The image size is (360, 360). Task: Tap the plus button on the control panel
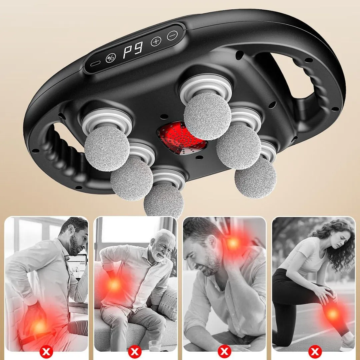click(x=156, y=42)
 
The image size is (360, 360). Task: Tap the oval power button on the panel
click(x=95, y=64)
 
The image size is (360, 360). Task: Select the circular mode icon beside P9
click(x=111, y=58)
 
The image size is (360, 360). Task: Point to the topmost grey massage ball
click(x=207, y=116)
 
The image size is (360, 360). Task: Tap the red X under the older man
click(x=135, y=351)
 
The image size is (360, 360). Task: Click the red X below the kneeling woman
click(x=315, y=351)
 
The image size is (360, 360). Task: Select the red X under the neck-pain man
click(x=224, y=351)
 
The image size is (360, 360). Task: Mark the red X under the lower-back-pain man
click(x=46, y=351)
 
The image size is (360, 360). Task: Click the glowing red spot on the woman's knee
click(x=332, y=313)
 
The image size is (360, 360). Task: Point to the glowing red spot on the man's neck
click(x=232, y=243)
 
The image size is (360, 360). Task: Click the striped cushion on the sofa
click(x=168, y=303)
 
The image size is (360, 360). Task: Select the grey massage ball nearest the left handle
click(x=107, y=149)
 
